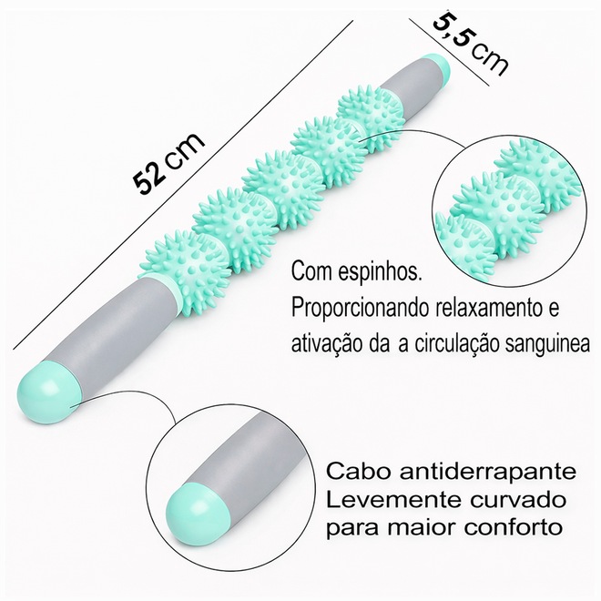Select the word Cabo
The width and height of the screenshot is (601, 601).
[x=351, y=472]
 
